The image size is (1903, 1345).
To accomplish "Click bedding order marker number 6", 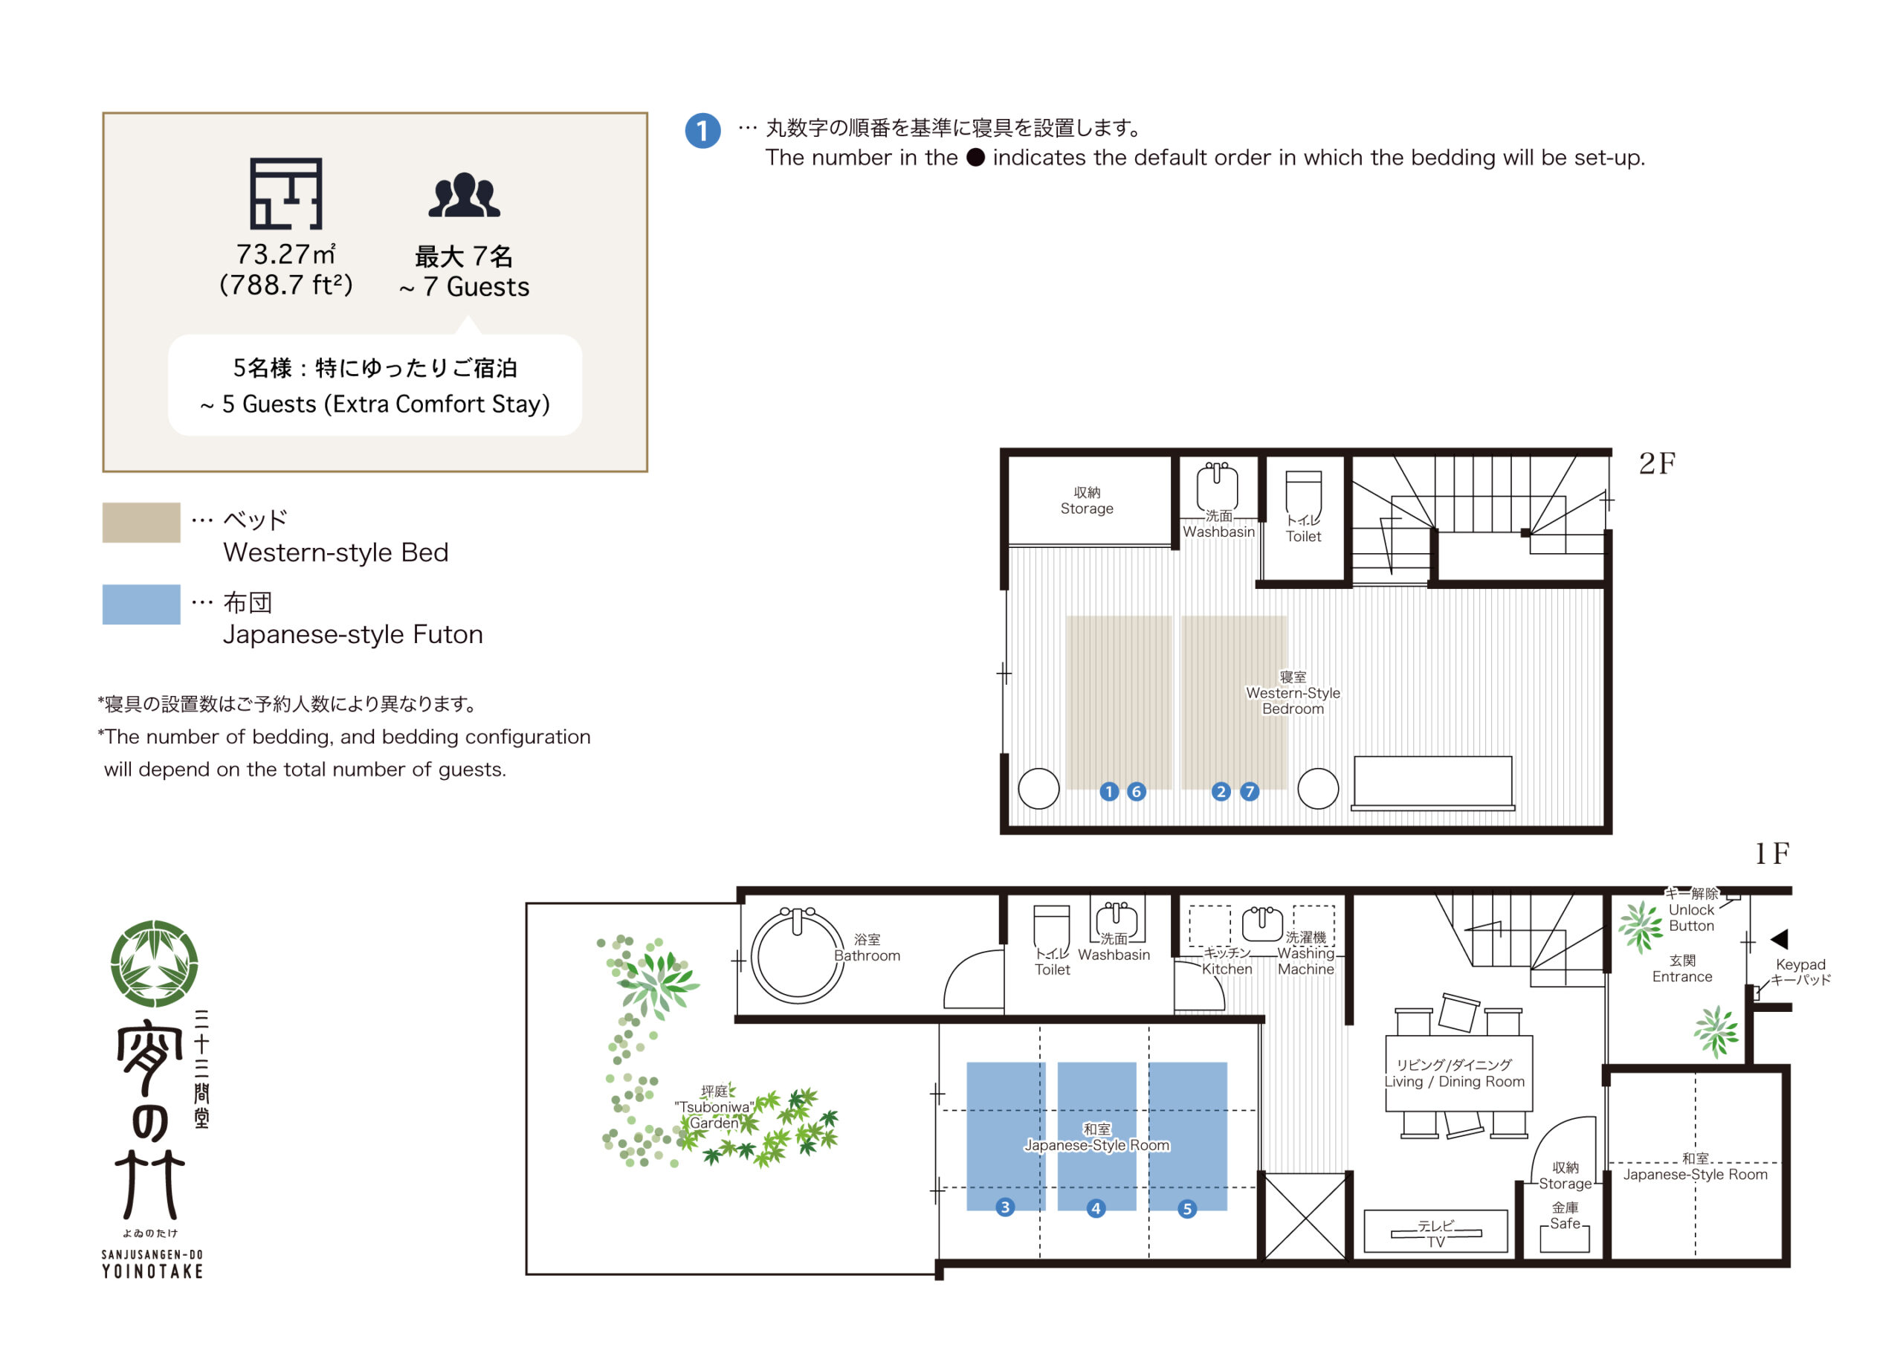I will tap(1137, 791).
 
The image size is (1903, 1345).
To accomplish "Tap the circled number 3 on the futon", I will tap(1004, 1207).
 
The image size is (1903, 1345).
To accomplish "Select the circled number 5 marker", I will tap(1187, 1209).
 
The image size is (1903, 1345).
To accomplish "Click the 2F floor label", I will tap(1657, 463).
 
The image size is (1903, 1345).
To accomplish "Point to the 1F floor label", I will tap(1772, 854).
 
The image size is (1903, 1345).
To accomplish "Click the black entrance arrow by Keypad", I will tap(1779, 939).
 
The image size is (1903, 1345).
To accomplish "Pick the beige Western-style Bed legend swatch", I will tap(141, 523).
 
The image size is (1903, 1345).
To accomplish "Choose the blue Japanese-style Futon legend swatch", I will tap(141, 604).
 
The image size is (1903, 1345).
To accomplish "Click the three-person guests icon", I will tap(464, 196).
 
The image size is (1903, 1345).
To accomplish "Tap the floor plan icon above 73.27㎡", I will tap(286, 193).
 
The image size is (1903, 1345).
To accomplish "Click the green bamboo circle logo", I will tap(154, 964).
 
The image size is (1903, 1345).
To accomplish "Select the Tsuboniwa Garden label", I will tap(714, 1107).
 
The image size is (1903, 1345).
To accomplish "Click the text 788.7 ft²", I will tap(286, 286).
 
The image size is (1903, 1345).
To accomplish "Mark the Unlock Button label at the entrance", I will tap(1691, 917).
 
